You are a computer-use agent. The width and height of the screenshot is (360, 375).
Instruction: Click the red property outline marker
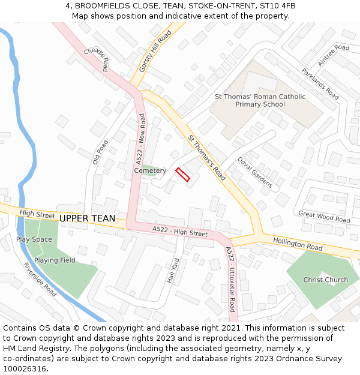pyautogui.click(x=182, y=175)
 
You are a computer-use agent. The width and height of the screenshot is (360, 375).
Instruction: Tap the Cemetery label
pyautogui.click(x=150, y=171)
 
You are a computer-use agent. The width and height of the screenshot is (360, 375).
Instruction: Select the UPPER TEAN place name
pyautogui.click(x=87, y=218)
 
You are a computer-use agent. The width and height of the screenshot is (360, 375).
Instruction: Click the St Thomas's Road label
pyautogui.click(x=206, y=158)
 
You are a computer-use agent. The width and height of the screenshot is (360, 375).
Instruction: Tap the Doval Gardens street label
pyautogui.click(x=255, y=173)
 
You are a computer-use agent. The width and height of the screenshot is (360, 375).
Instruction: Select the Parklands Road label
pyautogui.click(x=320, y=84)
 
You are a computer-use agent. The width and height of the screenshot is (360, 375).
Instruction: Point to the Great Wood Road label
pyautogui.click(x=324, y=217)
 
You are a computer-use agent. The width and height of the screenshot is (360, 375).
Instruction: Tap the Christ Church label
pyautogui.click(x=325, y=280)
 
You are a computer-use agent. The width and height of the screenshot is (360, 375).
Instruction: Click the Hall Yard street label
pyautogui.click(x=174, y=271)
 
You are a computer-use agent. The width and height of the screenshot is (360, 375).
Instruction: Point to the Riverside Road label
pyautogui.click(x=40, y=280)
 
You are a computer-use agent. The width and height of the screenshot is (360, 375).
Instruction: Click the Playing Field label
pyautogui.click(x=55, y=260)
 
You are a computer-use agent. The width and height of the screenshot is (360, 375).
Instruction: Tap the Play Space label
pyautogui.click(x=34, y=239)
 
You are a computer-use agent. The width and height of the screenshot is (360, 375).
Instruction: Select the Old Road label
pyautogui.click(x=100, y=152)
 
